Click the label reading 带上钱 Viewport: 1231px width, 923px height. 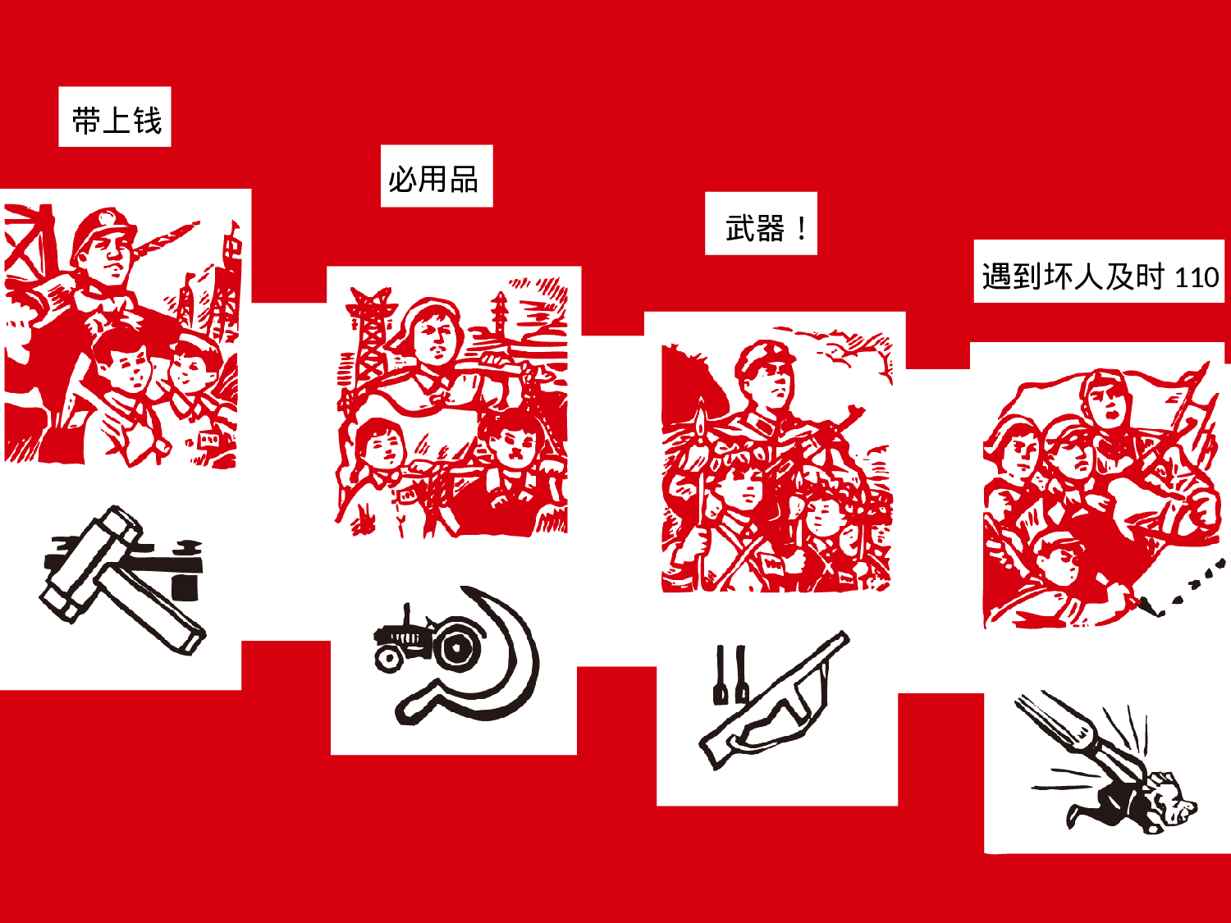115,117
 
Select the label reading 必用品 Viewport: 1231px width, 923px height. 436,176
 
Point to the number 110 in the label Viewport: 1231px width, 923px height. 1197,278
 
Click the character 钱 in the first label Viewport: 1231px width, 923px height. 148,120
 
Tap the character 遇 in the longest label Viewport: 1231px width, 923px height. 996,276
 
